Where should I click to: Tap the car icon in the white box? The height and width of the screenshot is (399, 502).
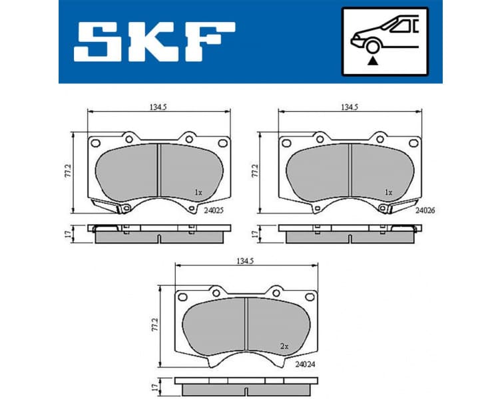(x=383, y=35)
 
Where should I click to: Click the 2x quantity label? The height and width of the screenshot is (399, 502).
(x=284, y=346)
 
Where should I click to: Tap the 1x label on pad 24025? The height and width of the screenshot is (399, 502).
(x=198, y=192)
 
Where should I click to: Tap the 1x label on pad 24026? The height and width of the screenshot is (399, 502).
(x=389, y=192)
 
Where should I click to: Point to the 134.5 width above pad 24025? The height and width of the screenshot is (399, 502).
(x=158, y=106)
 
